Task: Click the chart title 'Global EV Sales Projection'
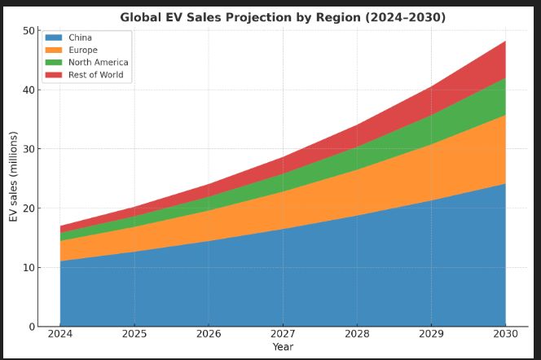coord(283,17)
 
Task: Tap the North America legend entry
coord(99,63)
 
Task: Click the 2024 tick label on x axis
coord(60,335)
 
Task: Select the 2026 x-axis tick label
coord(209,335)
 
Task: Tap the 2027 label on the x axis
coord(283,335)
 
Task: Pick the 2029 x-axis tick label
coord(431,335)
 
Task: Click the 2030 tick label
coord(505,335)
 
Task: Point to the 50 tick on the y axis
coord(29,31)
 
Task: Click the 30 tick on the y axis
coord(29,149)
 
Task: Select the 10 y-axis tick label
coord(29,267)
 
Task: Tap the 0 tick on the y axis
coord(32,327)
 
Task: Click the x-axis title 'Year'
coord(283,347)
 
